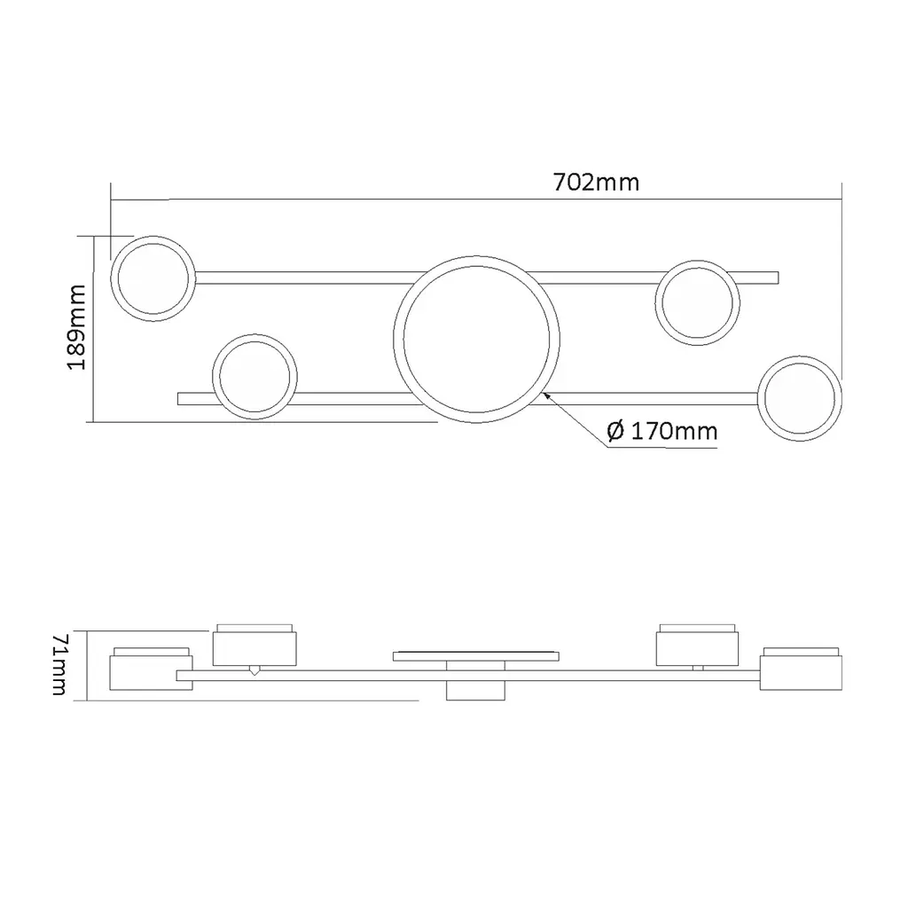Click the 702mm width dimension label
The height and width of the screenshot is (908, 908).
click(597, 183)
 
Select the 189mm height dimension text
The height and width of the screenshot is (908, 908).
click(76, 327)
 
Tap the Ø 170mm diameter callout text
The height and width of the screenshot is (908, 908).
click(661, 432)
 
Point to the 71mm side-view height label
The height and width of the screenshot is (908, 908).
click(60, 664)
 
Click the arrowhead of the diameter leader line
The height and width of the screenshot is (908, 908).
click(546, 395)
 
